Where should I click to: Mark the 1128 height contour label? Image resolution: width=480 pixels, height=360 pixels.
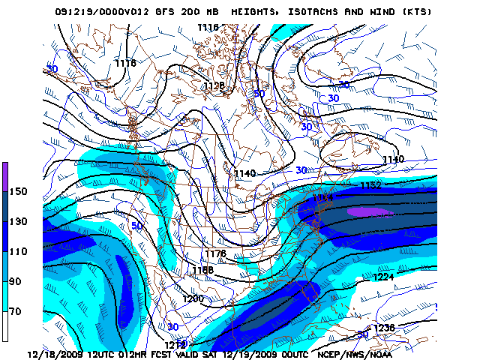pyautogui.click(x=214, y=85)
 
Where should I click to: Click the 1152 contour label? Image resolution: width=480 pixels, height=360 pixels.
pyautogui.click(x=370, y=184)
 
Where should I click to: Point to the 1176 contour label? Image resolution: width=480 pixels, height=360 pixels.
pyautogui.click(x=216, y=254)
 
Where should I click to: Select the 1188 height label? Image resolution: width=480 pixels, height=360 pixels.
pyautogui.click(x=202, y=268)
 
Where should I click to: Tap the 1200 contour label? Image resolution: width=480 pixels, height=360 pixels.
pyautogui.click(x=193, y=298)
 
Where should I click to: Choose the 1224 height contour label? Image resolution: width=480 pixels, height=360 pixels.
pyautogui.click(x=383, y=277)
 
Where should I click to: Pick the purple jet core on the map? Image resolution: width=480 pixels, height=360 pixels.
pyautogui.click(x=370, y=212)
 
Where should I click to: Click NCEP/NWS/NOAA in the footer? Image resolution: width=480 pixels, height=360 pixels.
pyautogui.click(x=354, y=353)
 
